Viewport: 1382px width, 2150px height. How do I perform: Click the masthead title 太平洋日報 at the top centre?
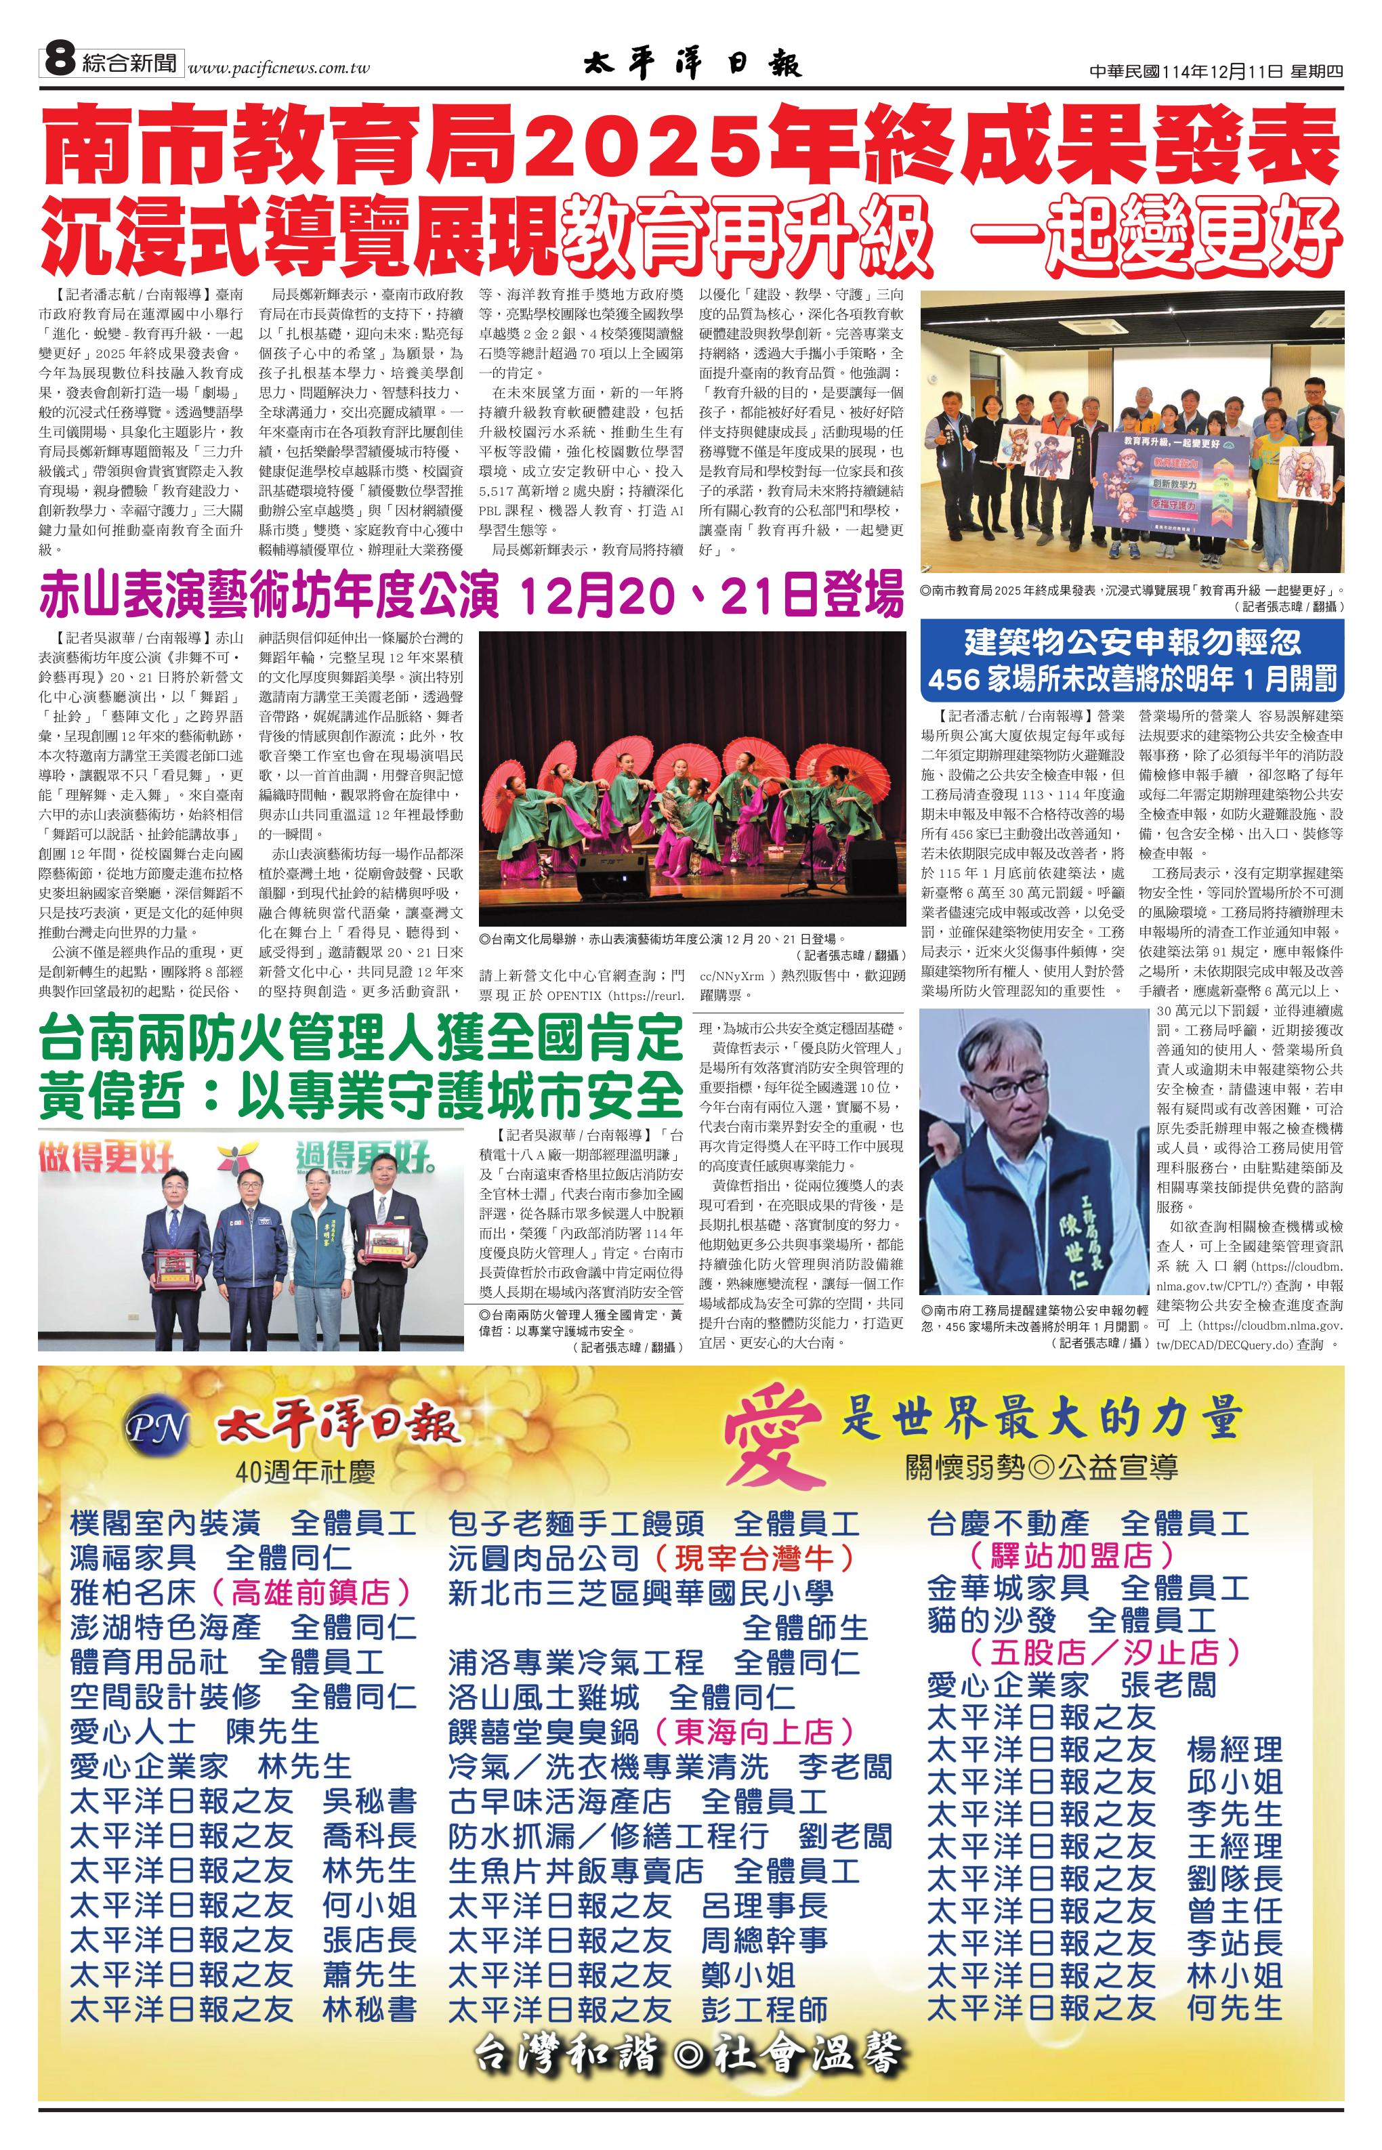click(x=692, y=64)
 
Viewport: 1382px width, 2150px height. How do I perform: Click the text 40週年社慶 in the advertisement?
click(x=305, y=1472)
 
